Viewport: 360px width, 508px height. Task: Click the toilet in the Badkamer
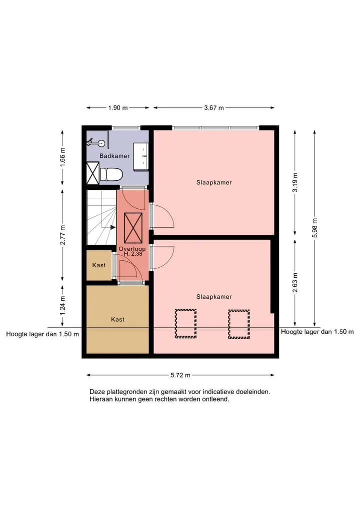point(111,175)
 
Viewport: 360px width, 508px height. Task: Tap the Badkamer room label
point(114,156)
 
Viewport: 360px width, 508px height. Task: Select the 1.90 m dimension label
point(118,108)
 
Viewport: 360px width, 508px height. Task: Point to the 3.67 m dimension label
point(214,108)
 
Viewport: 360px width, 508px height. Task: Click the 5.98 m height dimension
point(314,228)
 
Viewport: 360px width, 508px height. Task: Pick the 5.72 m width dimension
point(180,375)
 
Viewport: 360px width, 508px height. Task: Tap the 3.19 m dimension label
point(295,182)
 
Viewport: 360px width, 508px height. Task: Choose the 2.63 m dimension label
point(295,283)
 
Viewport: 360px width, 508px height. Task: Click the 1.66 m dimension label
point(62,157)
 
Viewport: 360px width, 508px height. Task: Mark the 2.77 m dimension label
point(62,235)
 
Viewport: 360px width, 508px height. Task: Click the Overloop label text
point(132,249)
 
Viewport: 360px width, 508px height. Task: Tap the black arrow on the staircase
point(113,227)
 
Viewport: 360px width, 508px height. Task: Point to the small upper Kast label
point(99,265)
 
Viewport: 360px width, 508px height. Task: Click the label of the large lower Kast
point(117,320)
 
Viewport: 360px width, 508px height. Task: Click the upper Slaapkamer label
point(214,183)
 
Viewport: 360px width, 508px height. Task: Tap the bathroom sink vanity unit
point(141,156)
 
